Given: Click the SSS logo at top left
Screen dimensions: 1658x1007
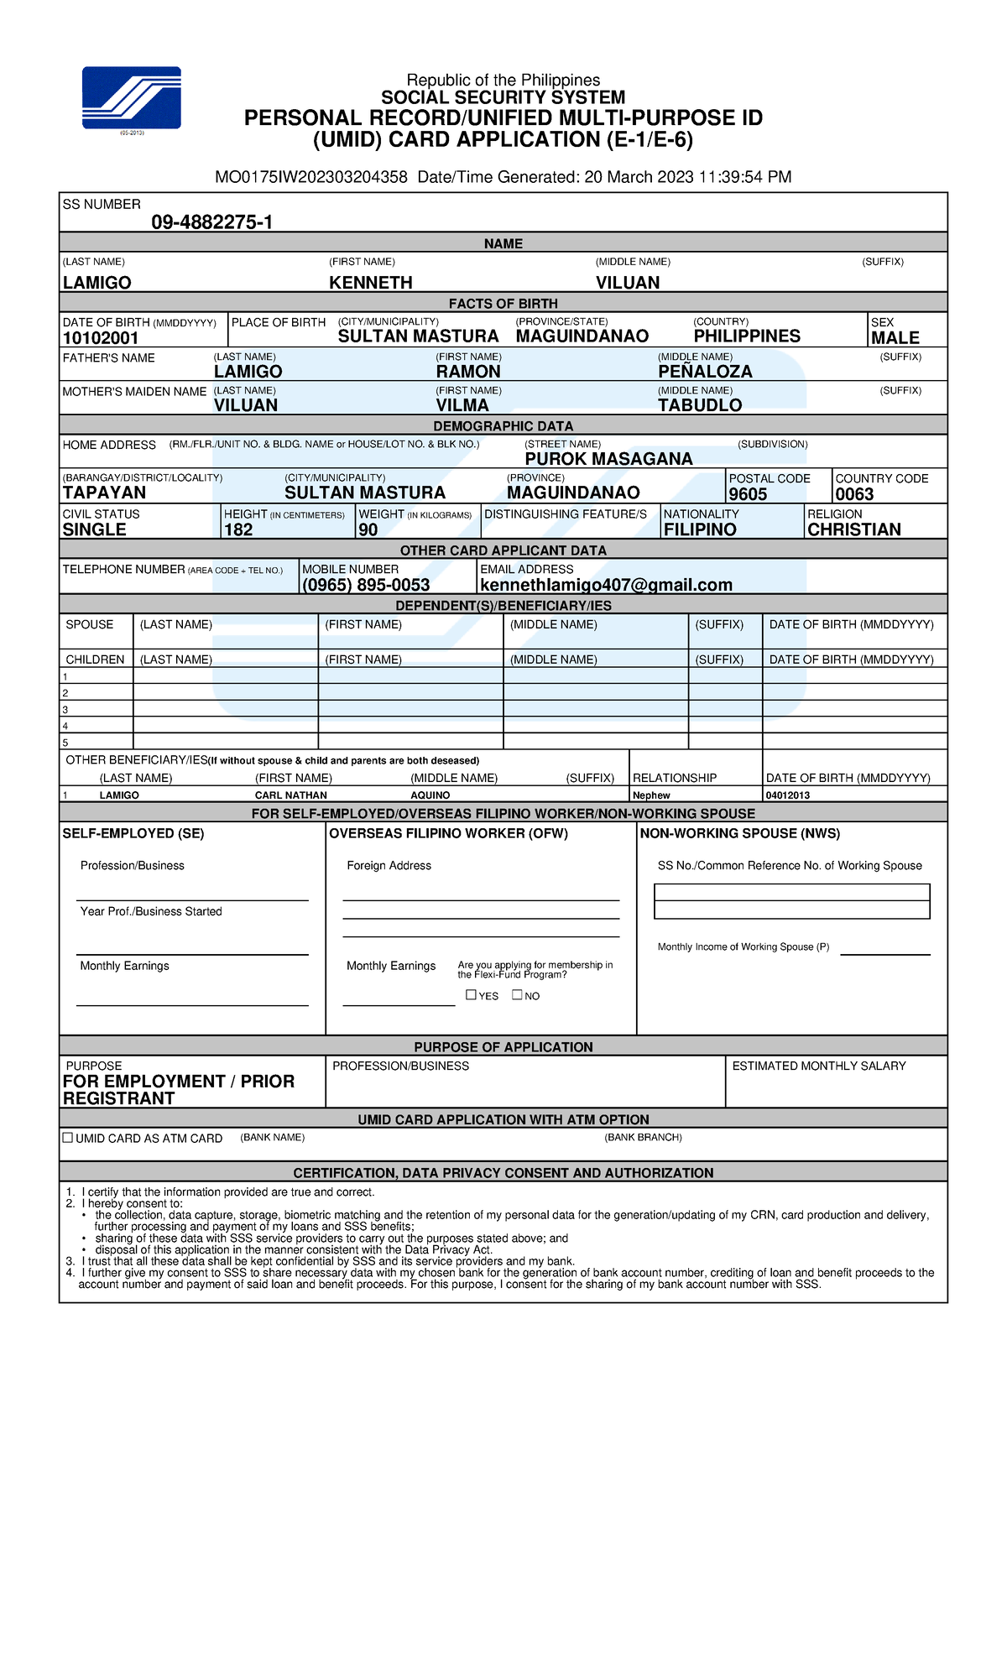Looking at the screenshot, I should click(132, 98).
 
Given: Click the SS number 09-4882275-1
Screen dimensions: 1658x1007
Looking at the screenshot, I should click(211, 222).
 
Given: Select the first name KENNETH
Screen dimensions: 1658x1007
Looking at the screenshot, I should click(371, 283).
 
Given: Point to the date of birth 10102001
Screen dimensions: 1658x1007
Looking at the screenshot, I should click(101, 338).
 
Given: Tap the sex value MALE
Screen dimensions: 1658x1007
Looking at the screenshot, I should click(895, 338).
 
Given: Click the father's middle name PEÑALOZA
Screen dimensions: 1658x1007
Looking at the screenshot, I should click(705, 372).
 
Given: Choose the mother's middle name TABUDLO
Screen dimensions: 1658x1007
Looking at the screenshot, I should click(700, 405).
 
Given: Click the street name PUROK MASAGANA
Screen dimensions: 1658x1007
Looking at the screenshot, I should click(608, 459).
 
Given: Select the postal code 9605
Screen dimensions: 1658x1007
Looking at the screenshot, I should click(748, 494).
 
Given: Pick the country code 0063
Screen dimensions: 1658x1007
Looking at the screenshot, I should click(854, 494).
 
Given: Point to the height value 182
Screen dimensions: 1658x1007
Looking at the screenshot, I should click(238, 529).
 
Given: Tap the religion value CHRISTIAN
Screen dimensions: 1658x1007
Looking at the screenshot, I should click(853, 529).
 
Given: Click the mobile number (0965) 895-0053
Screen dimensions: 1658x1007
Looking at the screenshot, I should click(366, 585).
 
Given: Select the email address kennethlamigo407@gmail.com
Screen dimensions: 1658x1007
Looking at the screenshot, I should click(606, 585).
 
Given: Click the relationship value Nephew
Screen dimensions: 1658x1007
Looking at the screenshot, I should click(651, 795).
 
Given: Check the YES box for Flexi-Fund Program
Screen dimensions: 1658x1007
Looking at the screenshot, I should click(471, 995).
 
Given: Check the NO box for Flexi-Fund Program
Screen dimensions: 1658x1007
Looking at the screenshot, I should click(517, 995).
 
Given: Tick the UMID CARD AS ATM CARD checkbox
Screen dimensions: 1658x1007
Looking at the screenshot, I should click(68, 1138).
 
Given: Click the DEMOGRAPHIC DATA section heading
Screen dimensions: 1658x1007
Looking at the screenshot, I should click(503, 426).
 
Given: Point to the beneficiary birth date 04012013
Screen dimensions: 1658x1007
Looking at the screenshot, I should click(788, 795).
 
